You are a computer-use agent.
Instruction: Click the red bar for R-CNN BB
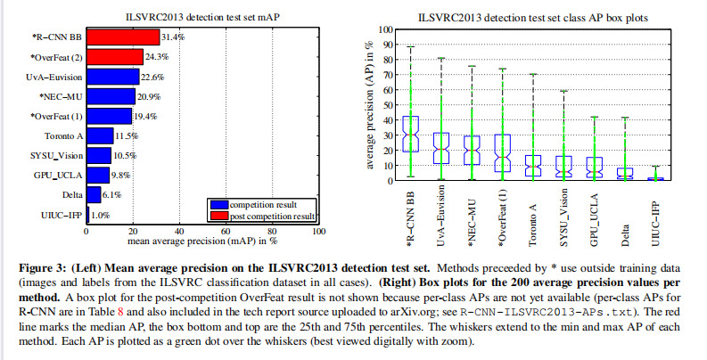coord(122,37)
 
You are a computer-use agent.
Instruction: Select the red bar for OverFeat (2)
coord(114,56)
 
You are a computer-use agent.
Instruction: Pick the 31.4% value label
coord(173,37)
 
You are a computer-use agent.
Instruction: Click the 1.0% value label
coord(100,215)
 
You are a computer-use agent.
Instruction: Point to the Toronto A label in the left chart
coord(63,135)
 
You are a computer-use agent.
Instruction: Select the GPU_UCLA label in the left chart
coord(61,175)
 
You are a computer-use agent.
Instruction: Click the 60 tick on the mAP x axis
coord(226,232)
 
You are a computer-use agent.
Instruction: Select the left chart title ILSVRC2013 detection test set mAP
coord(202,16)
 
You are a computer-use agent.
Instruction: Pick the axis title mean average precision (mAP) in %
coord(202,242)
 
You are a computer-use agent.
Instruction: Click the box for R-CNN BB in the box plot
coord(410,133)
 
